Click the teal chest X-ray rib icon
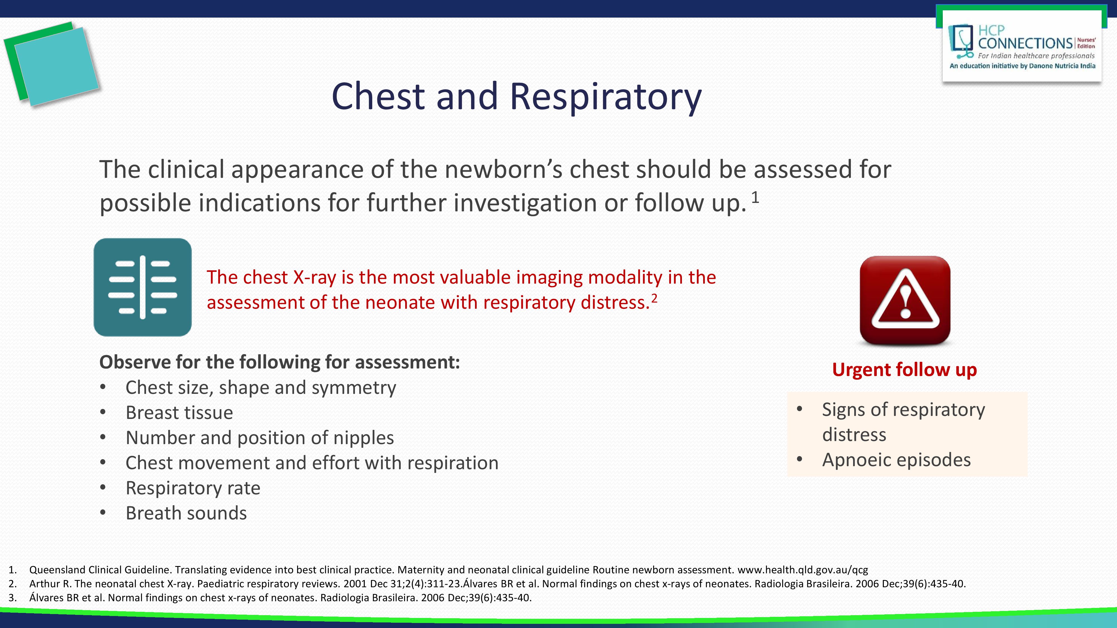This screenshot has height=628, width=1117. coord(143,287)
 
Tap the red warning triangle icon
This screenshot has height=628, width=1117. coord(905,300)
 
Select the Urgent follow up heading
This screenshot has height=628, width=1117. coord(904,370)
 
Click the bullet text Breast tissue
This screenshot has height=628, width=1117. coord(179,413)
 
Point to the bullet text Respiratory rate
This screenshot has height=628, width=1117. coord(193,488)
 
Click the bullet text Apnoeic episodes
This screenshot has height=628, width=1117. coord(896,460)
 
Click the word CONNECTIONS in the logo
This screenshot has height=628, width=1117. coord(1025,43)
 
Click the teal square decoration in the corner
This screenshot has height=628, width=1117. coord(56,66)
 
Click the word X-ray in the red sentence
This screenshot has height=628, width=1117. coord(314,277)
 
